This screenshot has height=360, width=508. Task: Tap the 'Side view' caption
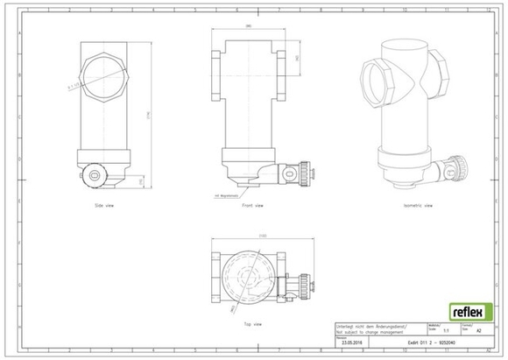tap(105, 205)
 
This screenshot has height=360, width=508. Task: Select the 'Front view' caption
tap(252, 205)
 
